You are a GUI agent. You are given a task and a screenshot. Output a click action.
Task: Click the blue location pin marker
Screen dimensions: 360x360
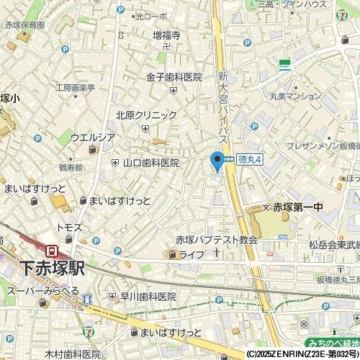(x=217, y=161)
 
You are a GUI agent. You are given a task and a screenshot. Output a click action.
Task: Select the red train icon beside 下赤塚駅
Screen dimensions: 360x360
(x=53, y=251)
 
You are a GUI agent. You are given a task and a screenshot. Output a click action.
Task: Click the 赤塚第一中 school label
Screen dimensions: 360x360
(x=299, y=207)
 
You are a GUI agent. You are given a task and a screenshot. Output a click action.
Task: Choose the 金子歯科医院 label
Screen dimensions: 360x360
(x=174, y=77)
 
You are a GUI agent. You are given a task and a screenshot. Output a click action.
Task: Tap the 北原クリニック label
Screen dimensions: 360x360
(x=146, y=115)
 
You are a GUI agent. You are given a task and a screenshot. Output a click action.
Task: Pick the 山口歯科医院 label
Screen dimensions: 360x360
(x=151, y=163)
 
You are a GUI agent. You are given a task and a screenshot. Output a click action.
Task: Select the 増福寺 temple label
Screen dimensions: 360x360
(x=166, y=35)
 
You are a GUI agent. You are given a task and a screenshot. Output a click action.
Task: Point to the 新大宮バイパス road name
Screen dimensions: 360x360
(x=223, y=108)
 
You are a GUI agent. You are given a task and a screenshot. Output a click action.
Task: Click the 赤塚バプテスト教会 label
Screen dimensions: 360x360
(x=216, y=240)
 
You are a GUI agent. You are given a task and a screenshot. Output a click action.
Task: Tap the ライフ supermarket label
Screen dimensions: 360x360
(x=192, y=255)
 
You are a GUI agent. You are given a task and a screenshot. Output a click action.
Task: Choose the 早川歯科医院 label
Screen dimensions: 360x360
(x=148, y=297)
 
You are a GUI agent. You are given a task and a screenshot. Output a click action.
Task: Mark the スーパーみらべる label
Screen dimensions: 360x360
(x=42, y=290)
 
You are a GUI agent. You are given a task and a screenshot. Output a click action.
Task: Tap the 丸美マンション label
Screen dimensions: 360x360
(x=295, y=96)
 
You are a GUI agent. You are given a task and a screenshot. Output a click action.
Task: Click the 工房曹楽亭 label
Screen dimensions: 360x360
(x=76, y=88)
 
